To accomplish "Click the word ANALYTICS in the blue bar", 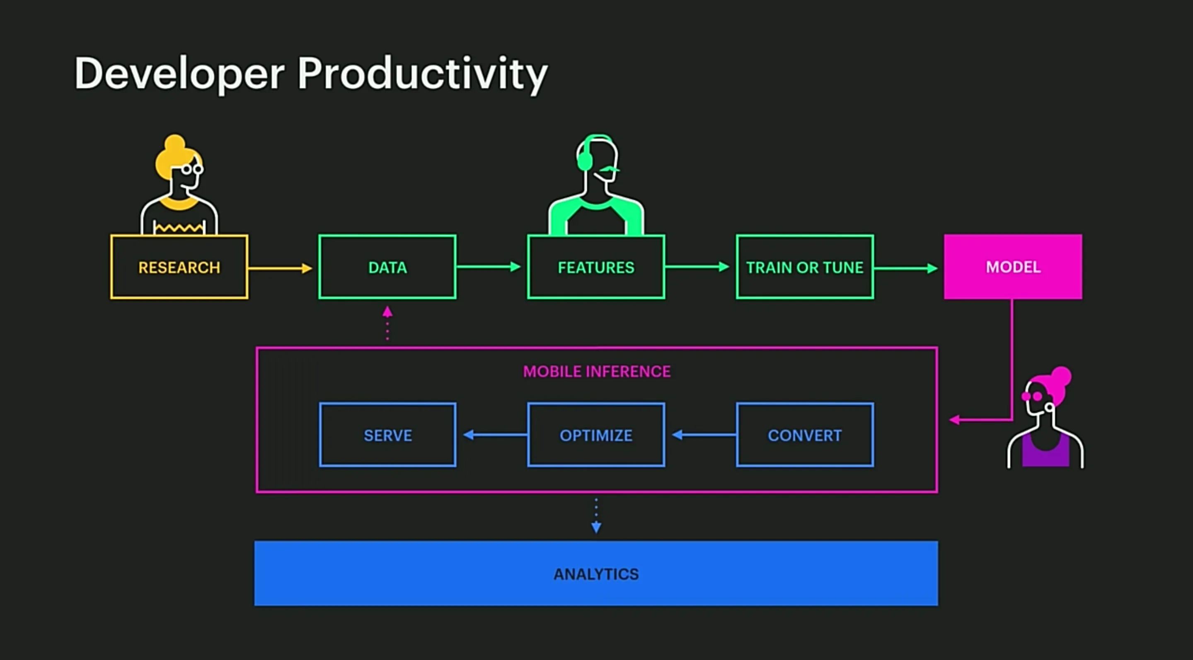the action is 596,574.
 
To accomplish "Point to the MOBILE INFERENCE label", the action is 597,371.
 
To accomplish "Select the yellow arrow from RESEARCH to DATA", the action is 280,268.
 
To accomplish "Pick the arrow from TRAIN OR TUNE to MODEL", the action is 906,268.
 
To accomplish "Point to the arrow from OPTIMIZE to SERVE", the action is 495,435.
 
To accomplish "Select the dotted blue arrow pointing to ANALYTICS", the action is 596,515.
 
